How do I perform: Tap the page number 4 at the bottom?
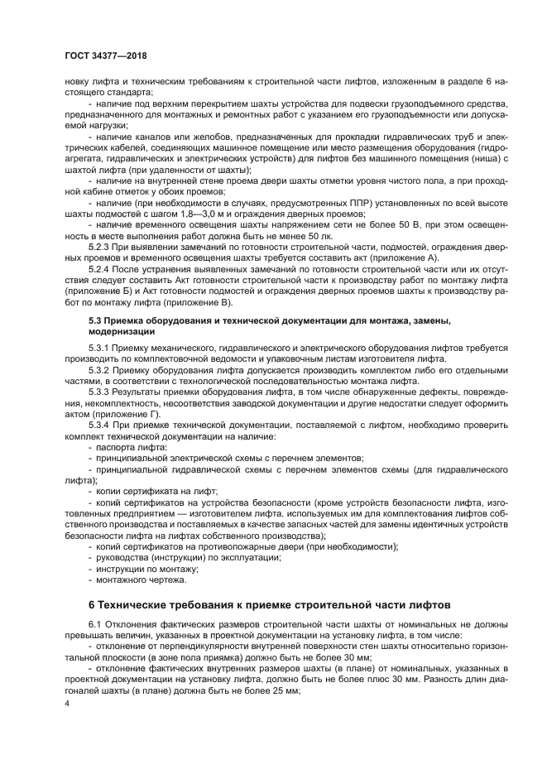coord(68,703)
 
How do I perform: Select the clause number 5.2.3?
coord(101,247)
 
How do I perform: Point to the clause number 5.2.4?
coord(101,270)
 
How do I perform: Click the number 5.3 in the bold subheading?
coord(96,320)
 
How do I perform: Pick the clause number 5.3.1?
coord(101,348)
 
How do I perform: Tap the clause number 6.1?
coord(96,623)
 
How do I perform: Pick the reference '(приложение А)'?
coord(402,257)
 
